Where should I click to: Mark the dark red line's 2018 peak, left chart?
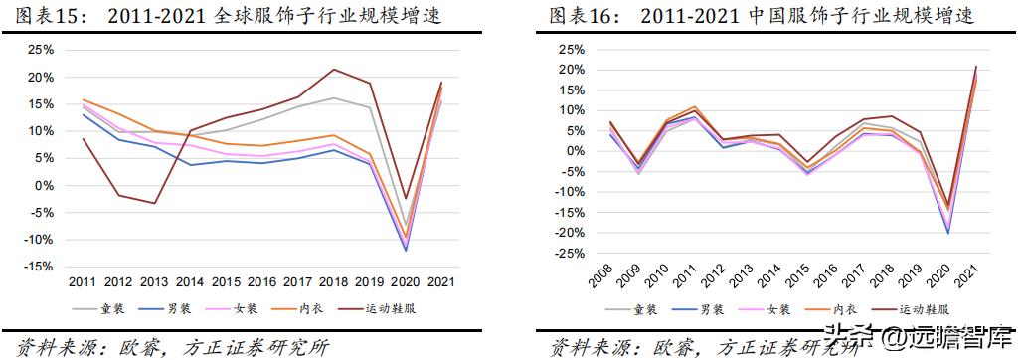click(x=333, y=69)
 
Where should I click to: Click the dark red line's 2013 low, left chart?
click(x=155, y=203)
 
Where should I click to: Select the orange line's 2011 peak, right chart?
click(x=694, y=106)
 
